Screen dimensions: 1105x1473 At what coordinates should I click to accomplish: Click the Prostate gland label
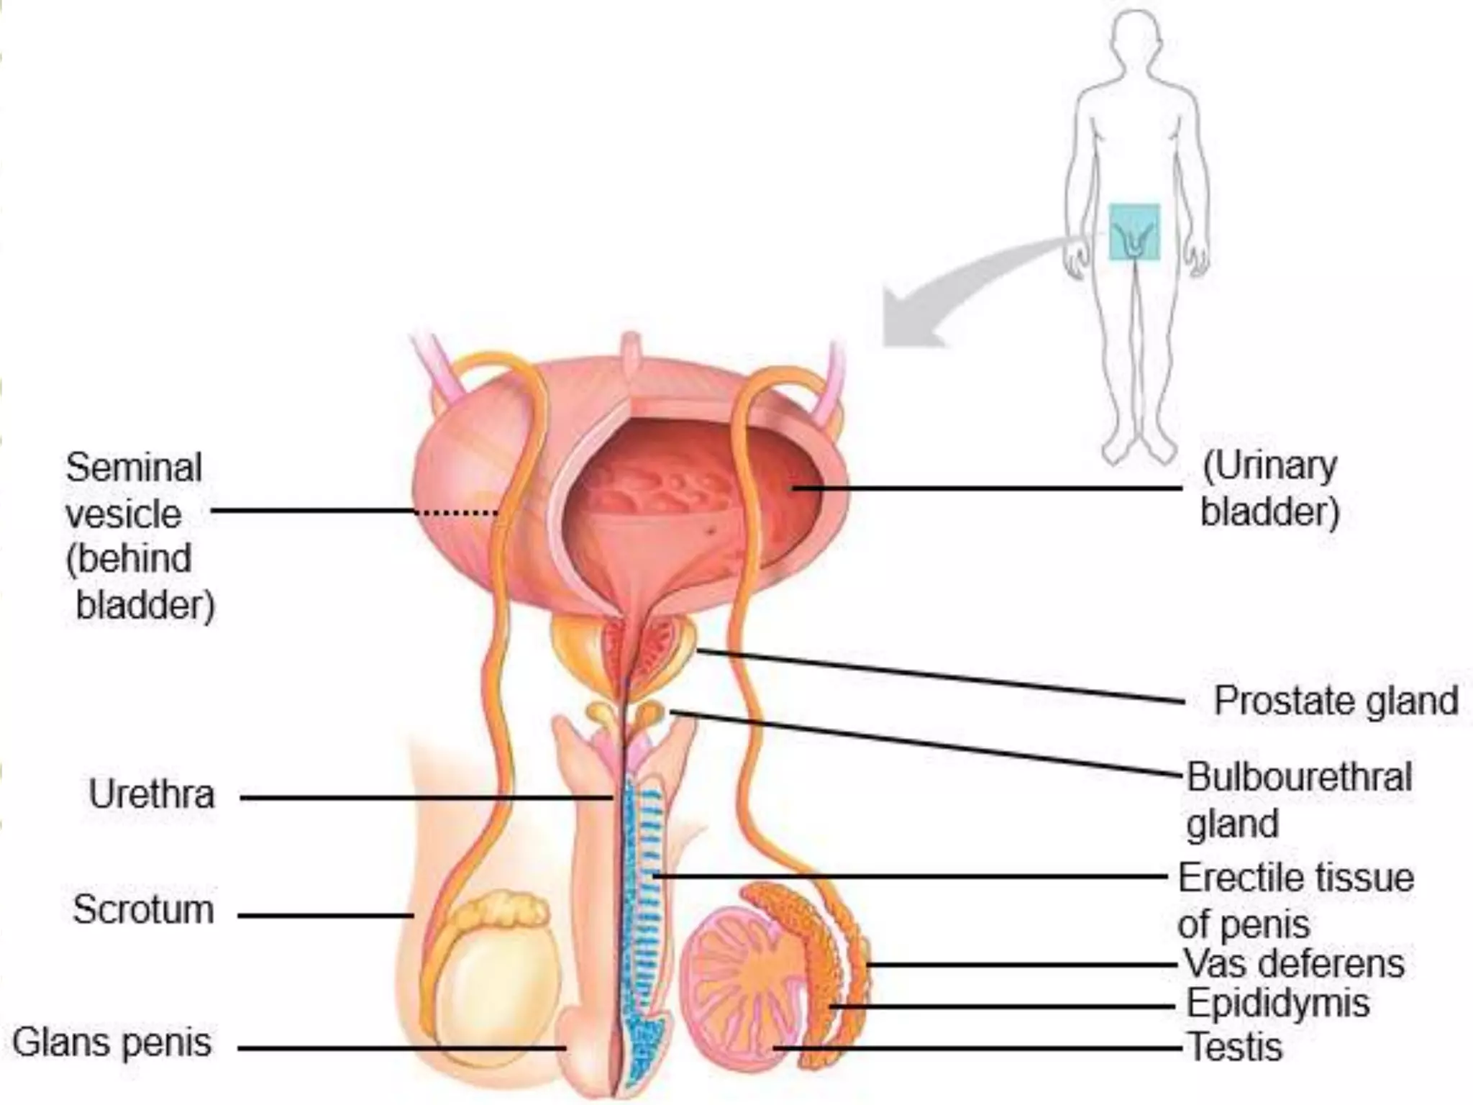pyautogui.click(x=1336, y=701)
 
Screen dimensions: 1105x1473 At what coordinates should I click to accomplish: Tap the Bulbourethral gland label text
pyautogui.click(x=1299, y=800)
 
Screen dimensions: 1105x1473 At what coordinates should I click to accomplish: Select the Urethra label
pyautogui.click(x=152, y=795)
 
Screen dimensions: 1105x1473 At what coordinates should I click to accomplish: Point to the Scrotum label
pyautogui.click(x=143, y=909)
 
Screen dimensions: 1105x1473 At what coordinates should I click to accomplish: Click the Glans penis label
pyautogui.click(x=112, y=1042)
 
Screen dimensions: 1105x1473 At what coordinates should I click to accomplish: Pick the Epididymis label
pyautogui.click(x=1278, y=1003)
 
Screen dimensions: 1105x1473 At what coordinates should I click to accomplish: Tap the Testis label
pyautogui.click(x=1235, y=1047)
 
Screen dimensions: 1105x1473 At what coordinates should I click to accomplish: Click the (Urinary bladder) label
pyautogui.click(x=1270, y=489)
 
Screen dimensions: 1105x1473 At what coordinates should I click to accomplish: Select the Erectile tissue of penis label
pyautogui.click(x=1295, y=900)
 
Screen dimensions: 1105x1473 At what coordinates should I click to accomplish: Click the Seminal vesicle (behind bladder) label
pyautogui.click(x=137, y=536)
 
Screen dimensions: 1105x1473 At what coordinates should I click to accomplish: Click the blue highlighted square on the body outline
pyautogui.click(x=1134, y=232)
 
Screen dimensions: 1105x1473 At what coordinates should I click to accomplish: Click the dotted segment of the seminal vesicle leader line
pyautogui.click(x=457, y=513)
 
